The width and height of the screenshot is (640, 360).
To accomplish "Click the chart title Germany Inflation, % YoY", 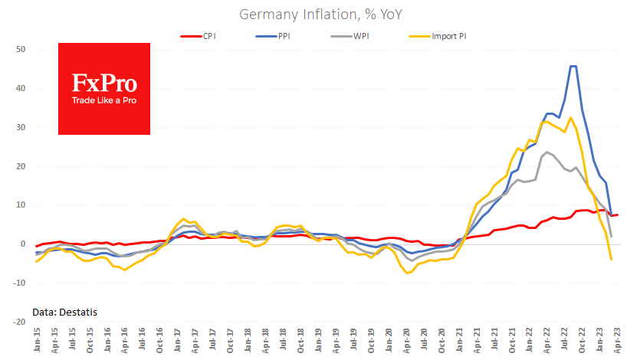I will point(320,15).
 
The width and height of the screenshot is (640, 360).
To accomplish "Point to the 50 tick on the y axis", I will point(21,50).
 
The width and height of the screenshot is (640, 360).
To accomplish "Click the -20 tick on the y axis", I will point(19,322).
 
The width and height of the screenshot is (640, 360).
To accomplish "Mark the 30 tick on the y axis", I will point(21,128).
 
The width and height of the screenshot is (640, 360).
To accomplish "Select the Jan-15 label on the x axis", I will point(36,340).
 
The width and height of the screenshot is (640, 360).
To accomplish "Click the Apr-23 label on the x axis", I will point(618,340).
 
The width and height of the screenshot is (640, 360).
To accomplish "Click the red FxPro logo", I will point(104,89).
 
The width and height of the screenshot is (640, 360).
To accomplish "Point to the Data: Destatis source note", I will point(65,312).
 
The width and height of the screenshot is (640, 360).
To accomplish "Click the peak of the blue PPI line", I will point(573,67).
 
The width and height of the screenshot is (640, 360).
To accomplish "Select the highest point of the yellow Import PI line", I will point(570,117).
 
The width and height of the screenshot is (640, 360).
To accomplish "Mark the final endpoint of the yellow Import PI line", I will point(611,260).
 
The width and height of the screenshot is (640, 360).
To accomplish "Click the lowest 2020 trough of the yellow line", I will point(407,273).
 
